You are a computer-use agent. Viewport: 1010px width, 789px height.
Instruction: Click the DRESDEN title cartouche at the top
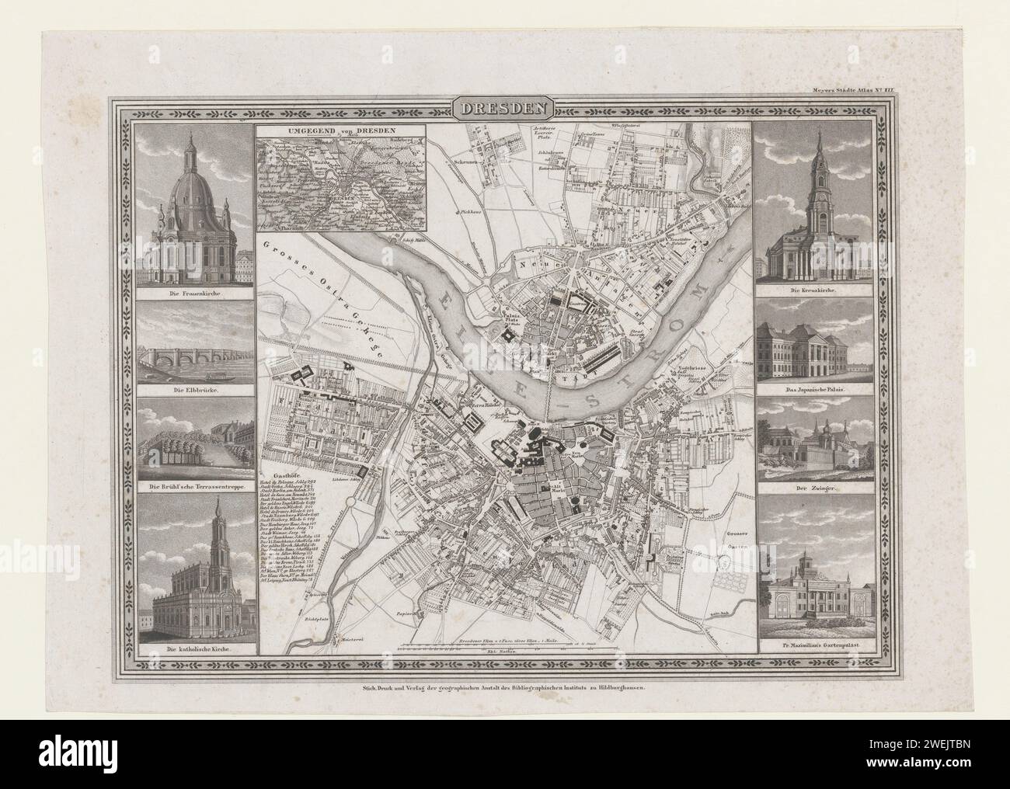504,109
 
